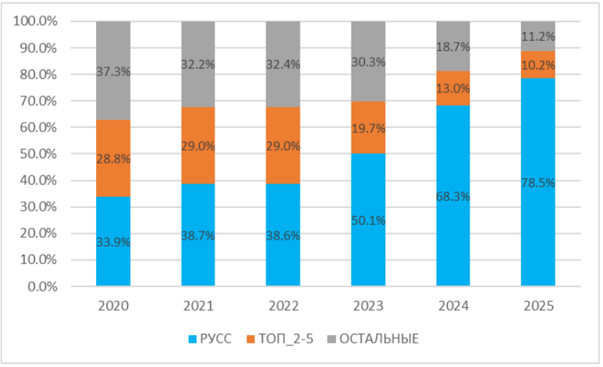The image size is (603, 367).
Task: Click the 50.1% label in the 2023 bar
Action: click(x=368, y=219)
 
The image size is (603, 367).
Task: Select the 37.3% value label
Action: click(x=113, y=72)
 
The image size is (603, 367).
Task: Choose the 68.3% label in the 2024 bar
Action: click(x=454, y=195)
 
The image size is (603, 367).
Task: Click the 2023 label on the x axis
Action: click(x=368, y=304)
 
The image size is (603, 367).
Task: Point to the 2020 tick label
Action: click(x=113, y=304)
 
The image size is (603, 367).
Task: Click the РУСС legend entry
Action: click(x=210, y=340)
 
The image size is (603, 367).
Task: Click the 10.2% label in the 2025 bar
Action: click(x=538, y=64)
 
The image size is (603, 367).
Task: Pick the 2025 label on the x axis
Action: click(x=538, y=304)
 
